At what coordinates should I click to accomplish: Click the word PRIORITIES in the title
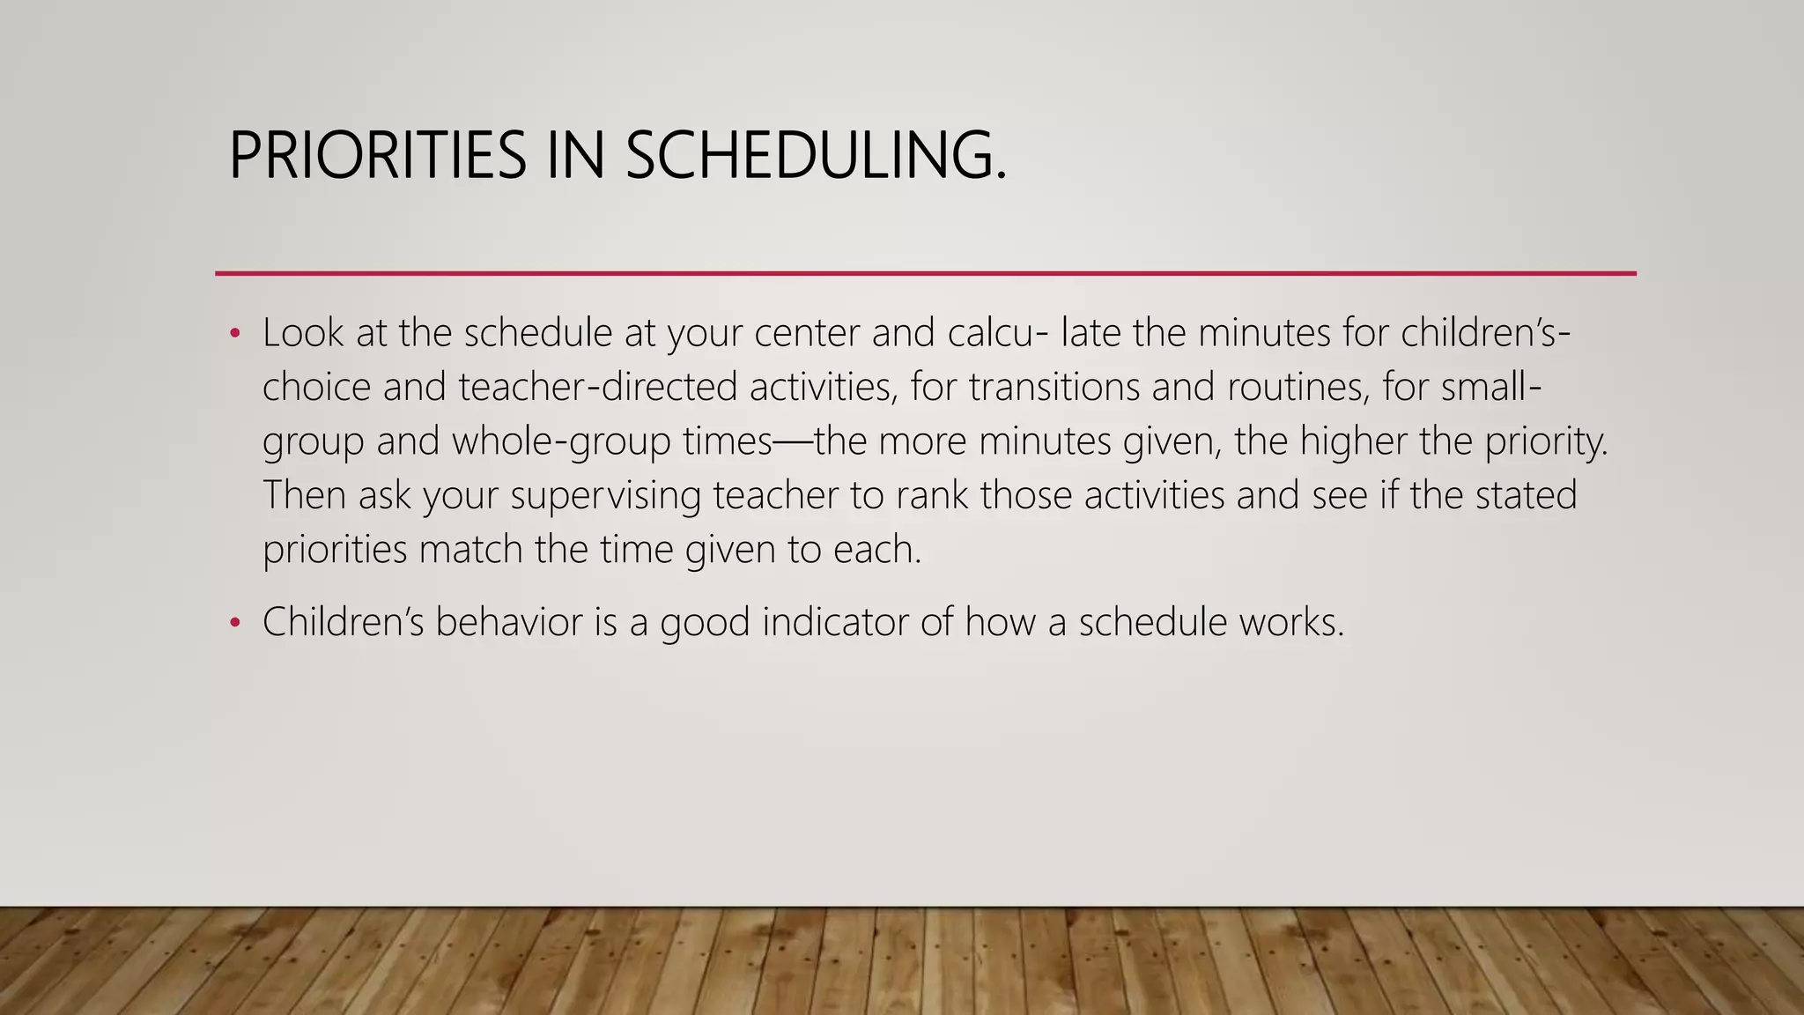(377, 155)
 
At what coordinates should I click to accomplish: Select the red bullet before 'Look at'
(234, 334)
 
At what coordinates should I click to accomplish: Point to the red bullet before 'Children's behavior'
(234, 623)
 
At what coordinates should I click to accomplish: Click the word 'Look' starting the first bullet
(302, 333)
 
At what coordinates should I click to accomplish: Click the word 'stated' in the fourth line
(1526, 495)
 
